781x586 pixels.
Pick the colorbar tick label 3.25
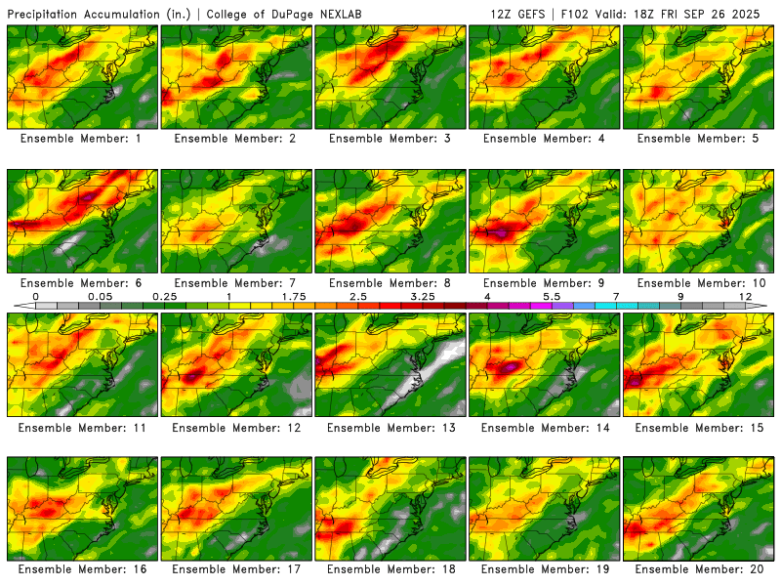click(423, 295)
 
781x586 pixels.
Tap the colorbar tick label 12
click(746, 295)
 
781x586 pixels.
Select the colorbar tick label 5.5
click(552, 295)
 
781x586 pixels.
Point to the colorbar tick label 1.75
click(294, 295)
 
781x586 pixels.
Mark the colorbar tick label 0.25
click(164, 295)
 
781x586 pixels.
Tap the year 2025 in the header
click(753, 14)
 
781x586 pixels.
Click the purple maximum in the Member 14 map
click(509, 367)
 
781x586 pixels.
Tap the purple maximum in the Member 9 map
click(501, 234)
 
